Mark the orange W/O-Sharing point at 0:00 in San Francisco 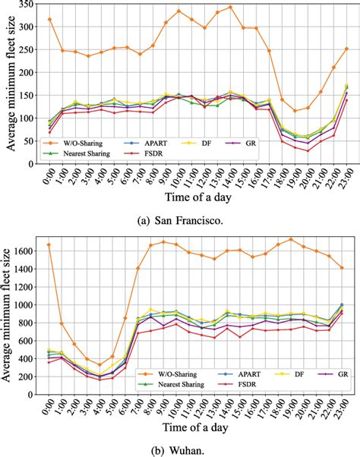pyautogui.click(x=50, y=19)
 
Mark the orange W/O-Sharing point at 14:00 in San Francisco pyautogui.click(x=230, y=7)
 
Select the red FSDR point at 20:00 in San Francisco pyautogui.click(x=308, y=150)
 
